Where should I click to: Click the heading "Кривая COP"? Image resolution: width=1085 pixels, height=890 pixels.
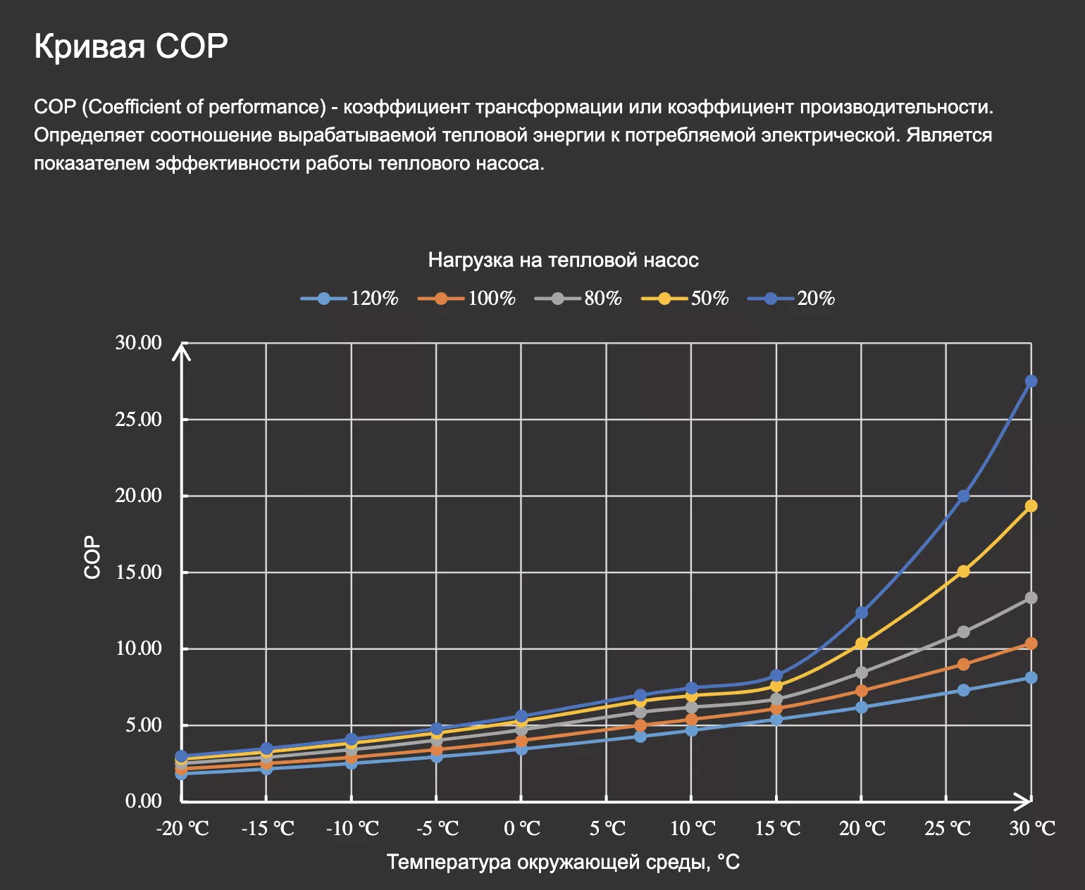tap(131, 46)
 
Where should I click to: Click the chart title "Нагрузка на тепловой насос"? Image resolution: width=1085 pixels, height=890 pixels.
tap(563, 261)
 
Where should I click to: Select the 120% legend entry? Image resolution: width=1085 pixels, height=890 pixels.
tap(351, 299)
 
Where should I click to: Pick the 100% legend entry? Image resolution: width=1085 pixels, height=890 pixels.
tap(468, 299)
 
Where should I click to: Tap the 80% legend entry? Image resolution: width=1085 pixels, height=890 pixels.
tap(579, 299)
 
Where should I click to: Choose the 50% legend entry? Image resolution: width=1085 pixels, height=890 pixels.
tap(686, 299)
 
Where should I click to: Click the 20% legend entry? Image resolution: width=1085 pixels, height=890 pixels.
tap(792, 299)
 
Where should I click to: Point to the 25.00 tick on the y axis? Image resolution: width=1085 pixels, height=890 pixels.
tap(139, 420)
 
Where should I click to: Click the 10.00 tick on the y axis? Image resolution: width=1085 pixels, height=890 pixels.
tap(139, 648)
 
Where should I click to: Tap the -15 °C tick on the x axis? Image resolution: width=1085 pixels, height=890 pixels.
tap(267, 829)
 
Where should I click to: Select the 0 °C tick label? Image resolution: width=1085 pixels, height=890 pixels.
tap(522, 829)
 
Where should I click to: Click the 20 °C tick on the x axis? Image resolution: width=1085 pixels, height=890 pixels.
tap(862, 829)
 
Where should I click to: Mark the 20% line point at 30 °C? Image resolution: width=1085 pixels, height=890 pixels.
tap(1031, 382)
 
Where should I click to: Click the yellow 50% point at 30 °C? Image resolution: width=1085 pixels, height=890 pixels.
tap(1031, 506)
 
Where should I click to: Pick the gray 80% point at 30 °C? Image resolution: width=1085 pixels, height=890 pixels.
tap(1031, 598)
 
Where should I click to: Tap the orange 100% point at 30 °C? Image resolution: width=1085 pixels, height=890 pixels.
tap(1031, 644)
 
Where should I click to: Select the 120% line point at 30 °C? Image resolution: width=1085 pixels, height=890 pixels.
tap(1031, 677)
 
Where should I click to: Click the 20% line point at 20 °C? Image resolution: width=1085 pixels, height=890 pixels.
tap(862, 613)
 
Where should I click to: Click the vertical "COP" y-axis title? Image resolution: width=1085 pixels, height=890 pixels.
tap(92, 557)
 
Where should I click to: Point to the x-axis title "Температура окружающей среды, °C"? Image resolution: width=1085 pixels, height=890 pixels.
tap(563, 862)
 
